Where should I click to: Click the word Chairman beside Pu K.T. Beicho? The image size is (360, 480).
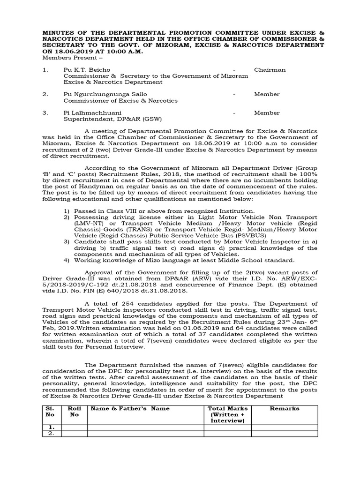point(270,70)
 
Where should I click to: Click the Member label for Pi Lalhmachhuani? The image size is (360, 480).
point(267,113)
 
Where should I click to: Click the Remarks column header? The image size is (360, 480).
point(284,409)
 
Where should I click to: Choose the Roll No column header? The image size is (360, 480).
point(75,412)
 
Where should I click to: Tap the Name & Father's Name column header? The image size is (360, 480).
point(130,409)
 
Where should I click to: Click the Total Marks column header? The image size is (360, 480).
point(227,415)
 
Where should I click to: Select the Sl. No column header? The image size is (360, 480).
point(50,412)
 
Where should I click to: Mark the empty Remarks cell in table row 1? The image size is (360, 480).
point(284,427)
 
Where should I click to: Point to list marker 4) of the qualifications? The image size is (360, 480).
point(67,260)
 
